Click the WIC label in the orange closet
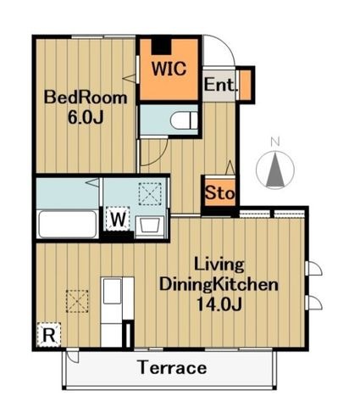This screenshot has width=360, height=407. [169, 68]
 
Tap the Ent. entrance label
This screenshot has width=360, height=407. [219, 84]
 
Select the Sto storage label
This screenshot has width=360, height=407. [219, 193]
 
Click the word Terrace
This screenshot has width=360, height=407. [173, 368]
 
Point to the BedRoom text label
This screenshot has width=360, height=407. [86, 98]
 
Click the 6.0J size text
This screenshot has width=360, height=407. [86, 117]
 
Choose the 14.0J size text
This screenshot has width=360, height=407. [219, 304]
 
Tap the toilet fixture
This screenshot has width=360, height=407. [185, 120]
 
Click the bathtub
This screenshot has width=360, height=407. [67, 224]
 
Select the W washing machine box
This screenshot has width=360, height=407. [118, 219]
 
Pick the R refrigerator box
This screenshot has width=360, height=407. [49, 335]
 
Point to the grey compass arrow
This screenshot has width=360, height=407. [275, 170]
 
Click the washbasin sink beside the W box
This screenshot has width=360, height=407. [150, 227]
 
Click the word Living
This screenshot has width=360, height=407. [219, 265]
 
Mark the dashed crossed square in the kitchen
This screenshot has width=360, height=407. [77, 301]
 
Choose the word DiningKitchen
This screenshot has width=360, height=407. [219, 285]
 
